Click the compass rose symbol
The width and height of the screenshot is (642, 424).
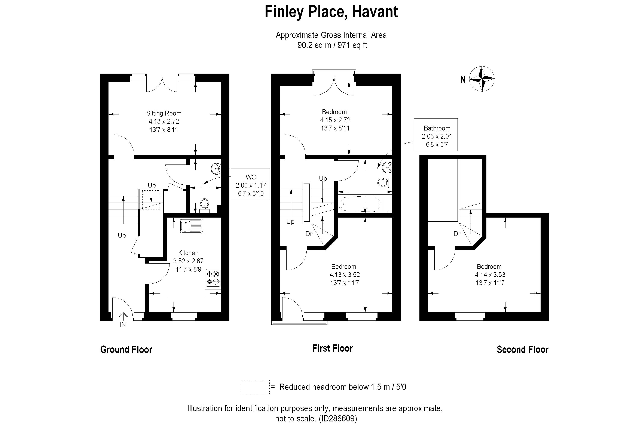(482, 79)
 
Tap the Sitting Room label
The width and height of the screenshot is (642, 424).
(164, 113)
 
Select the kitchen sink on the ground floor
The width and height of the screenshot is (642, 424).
(191, 226)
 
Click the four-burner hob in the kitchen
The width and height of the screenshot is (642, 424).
(213, 278)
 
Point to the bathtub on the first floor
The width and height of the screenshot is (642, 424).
(360, 204)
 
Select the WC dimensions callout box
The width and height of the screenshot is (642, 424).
(250, 184)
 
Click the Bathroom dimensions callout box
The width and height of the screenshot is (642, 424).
(436, 134)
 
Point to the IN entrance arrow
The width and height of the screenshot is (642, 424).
(123, 316)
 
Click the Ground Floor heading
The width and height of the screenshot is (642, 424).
(126, 350)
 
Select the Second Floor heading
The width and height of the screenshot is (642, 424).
(522, 350)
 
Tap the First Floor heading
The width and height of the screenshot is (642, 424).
(332, 348)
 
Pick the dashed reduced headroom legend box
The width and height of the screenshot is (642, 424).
(255, 387)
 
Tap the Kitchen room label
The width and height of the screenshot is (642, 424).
(188, 253)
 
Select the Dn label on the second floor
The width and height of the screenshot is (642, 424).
(458, 234)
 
